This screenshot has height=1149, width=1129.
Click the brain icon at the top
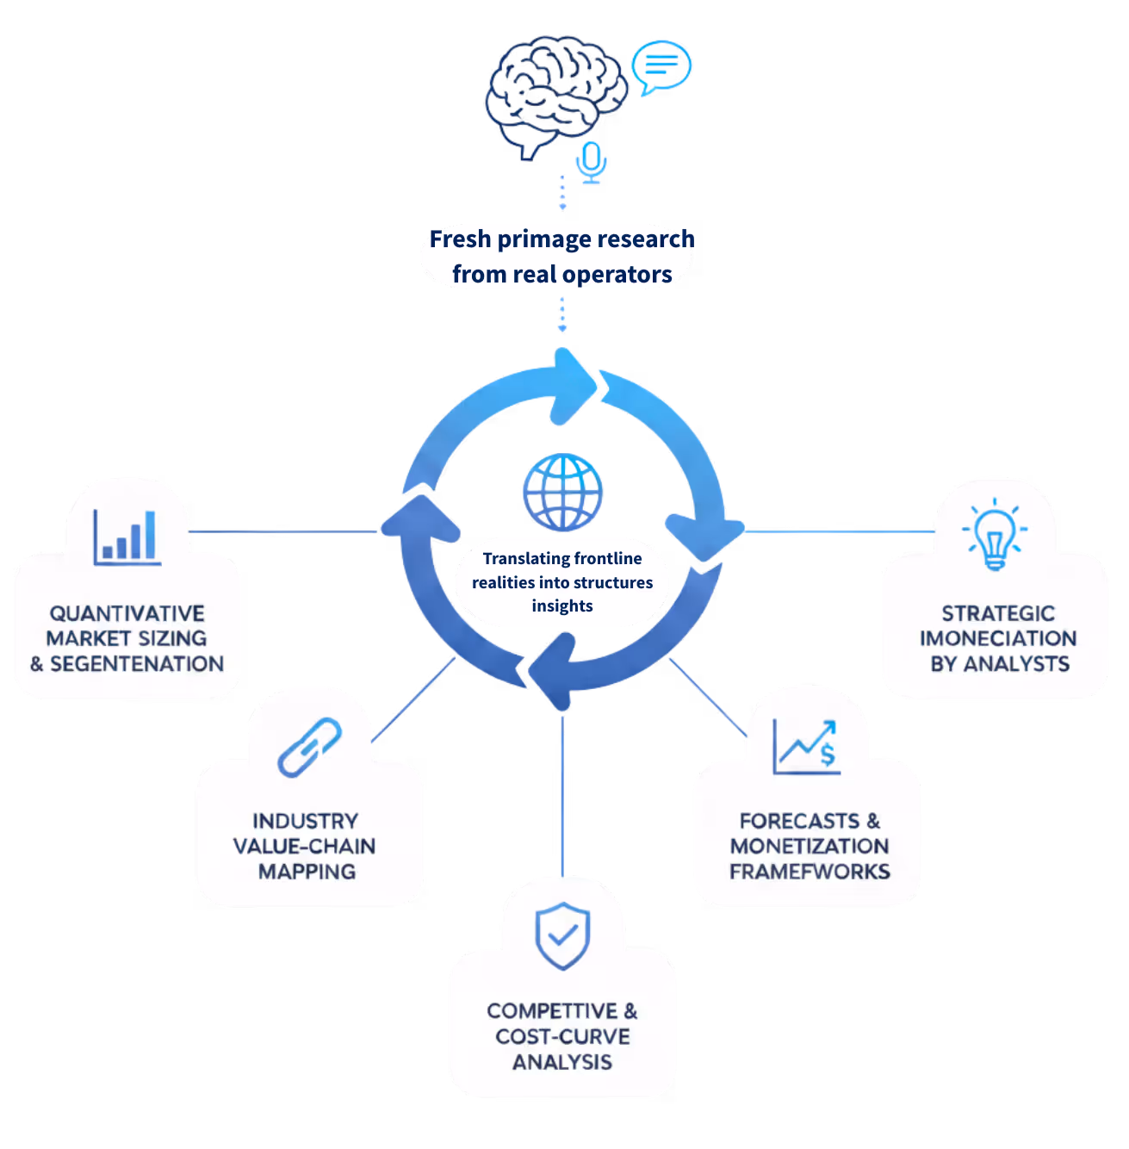coord(555,95)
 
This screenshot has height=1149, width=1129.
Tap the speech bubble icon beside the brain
coord(661,65)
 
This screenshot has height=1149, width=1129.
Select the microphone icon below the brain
coord(591,162)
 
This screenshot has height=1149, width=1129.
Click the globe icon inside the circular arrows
coord(562,492)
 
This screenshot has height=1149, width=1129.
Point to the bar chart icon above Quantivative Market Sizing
coord(127,538)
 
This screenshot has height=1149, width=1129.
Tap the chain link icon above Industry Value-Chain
coord(309,746)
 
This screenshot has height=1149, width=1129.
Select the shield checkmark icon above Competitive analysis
coord(562,936)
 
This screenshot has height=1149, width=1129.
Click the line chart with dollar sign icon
coord(806,748)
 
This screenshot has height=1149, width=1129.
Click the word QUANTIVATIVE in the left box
coord(127,613)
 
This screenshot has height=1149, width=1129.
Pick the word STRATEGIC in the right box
coord(997,613)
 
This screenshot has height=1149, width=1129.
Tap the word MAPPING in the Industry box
coord(307,872)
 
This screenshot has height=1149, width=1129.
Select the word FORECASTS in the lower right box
coord(799,821)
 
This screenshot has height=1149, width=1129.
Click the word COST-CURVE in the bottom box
coord(562,1036)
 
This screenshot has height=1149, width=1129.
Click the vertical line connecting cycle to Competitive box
coord(563,792)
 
